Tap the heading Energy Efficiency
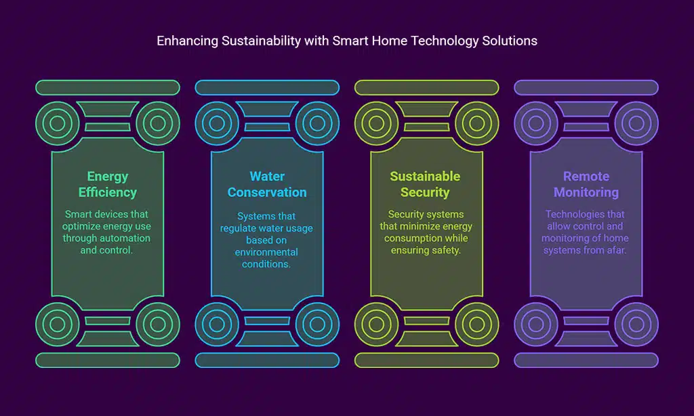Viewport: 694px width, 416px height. (x=107, y=184)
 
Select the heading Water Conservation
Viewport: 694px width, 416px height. (x=267, y=184)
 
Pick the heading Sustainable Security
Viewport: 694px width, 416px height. (x=425, y=184)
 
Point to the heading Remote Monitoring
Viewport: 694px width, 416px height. (x=586, y=184)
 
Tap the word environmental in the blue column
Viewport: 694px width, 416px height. (x=267, y=252)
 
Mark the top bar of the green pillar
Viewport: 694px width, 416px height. (x=107, y=87)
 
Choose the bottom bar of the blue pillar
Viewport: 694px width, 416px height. (x=267, y=360)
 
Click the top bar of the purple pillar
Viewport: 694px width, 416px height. (x=586, y=87)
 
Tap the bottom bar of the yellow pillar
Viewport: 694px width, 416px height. (x=426, y=360)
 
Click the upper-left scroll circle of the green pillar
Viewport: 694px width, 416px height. (x=58, y=123)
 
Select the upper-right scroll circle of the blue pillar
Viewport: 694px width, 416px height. (x=317, y=123)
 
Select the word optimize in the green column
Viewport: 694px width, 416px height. (x=94, y=226)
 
